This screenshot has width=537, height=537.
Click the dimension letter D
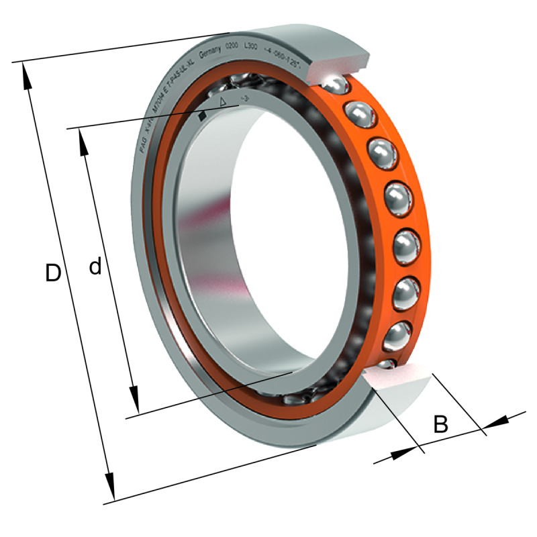point(53,273)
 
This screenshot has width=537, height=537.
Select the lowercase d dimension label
point(95,267)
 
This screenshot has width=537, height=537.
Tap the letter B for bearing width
point(440,424)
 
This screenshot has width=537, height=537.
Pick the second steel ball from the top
point(359,114)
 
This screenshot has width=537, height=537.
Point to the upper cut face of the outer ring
point(336,64)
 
